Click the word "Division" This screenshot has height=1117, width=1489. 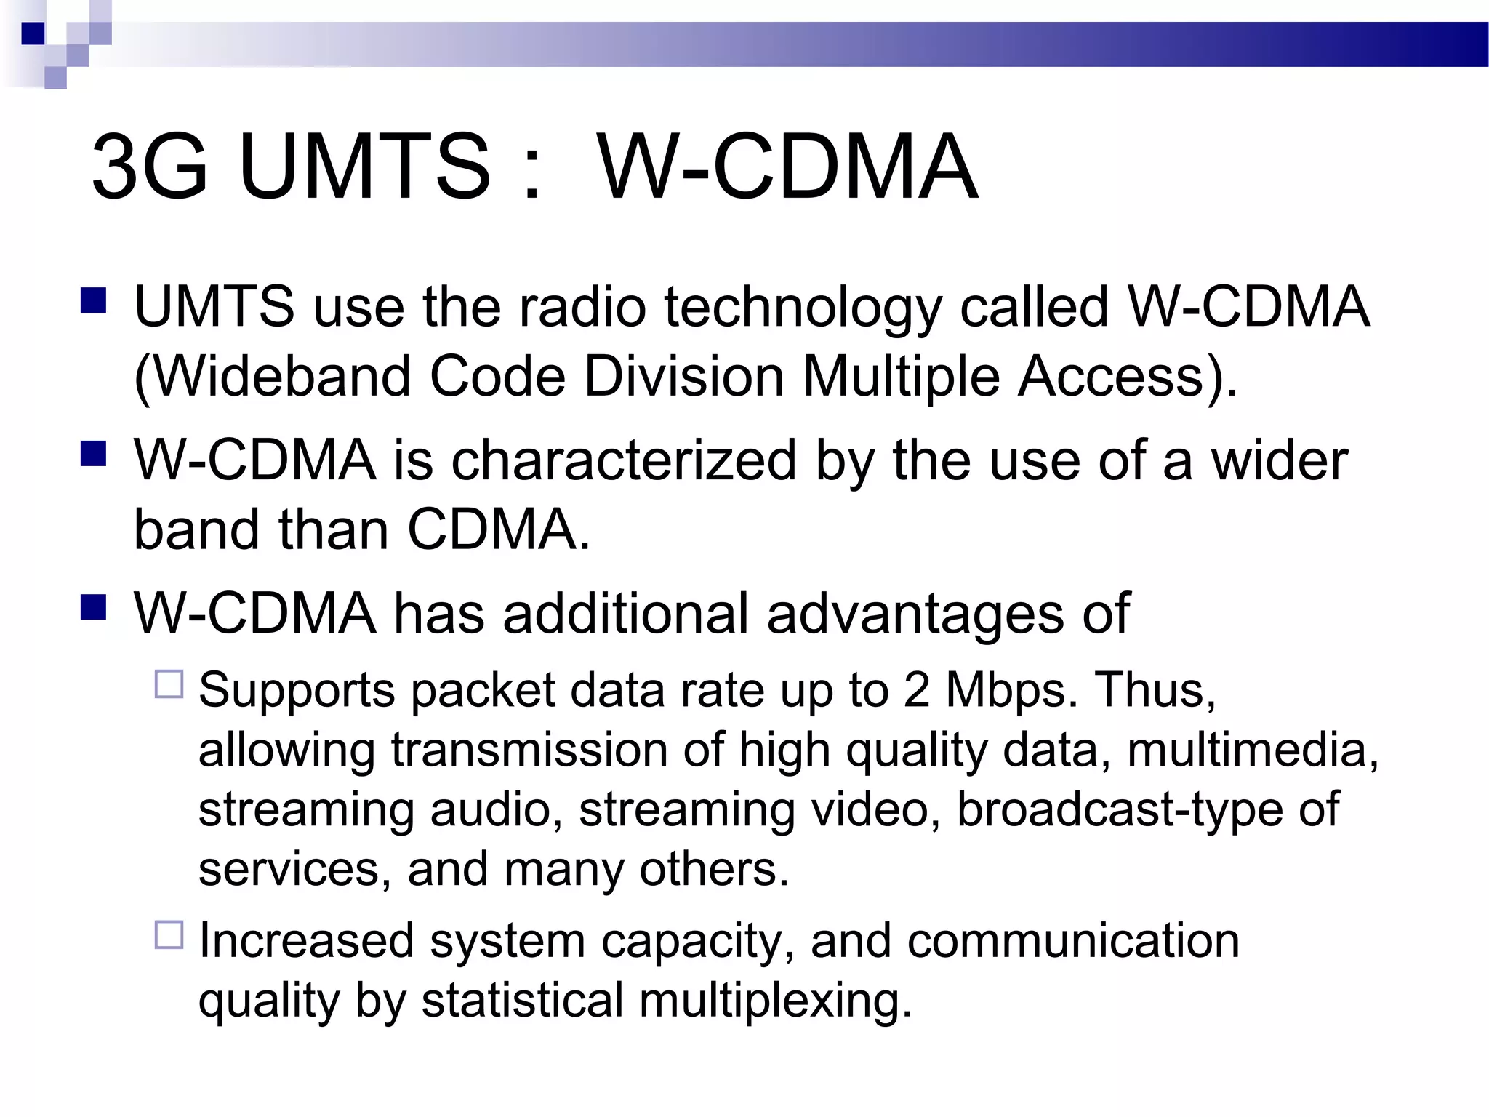point(684,377)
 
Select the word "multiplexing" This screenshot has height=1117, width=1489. point(775,1001)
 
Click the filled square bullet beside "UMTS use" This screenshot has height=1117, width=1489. point(94,300)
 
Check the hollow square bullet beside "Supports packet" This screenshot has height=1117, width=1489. point(169,684)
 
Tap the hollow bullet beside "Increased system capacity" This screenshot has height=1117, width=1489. point(169,934)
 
